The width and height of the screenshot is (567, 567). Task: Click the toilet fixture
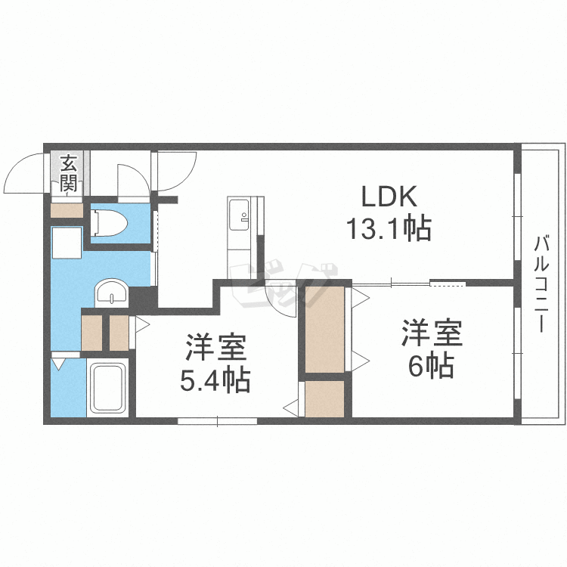[x=109, y=224]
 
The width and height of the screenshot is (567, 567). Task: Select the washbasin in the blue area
[x=111, y=293]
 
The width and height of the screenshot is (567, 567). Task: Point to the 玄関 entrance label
[x=69, y=173]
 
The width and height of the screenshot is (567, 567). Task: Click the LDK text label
[x=389, y=197]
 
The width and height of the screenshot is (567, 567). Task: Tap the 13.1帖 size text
[x=389, y=228]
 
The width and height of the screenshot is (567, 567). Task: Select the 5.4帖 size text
[x=215, y=380]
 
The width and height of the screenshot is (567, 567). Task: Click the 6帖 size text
[x=432, y=365]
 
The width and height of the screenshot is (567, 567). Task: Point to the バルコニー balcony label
[x=541, y=283]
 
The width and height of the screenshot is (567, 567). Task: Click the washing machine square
[x=67, y=243]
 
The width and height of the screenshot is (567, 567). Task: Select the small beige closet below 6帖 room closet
[x=324, y=398]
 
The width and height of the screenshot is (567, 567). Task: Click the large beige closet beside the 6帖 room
[x=324, y=330]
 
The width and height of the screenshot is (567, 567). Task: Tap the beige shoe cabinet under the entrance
[x=67, y=210]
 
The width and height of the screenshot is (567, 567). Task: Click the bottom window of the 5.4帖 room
[x=217, y=421]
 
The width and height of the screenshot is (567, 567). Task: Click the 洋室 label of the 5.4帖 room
[x=216, y=348]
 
